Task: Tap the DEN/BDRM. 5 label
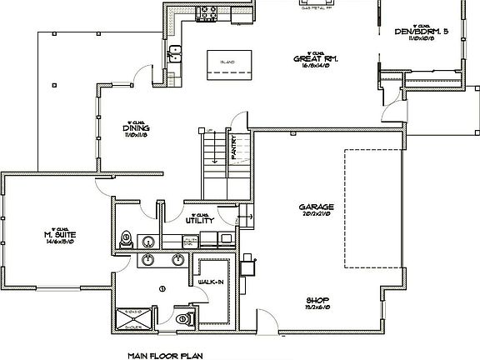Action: tap(422, 32)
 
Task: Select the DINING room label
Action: tap(136, 127)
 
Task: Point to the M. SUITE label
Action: tap(60, 234)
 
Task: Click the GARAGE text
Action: tap(317, 207)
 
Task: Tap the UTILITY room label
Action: tap(201, 221)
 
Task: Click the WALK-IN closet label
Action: tap(210, 282)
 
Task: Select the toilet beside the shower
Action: tap(184, 317)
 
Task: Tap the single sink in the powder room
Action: tap(147, 242)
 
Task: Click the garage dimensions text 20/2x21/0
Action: tap(317, 214)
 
